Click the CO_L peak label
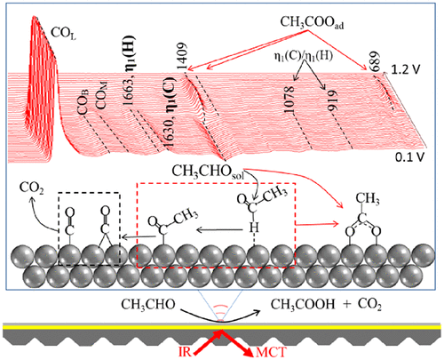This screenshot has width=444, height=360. [64, 34]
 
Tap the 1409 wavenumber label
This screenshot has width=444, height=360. [182, 57]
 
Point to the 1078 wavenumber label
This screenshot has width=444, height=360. [289, 100]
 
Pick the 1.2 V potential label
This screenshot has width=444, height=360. [406, 70]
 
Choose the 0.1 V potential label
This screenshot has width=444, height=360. [409, 157]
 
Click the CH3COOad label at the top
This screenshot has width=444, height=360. [312, 22]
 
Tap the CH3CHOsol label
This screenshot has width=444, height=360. [208, 172]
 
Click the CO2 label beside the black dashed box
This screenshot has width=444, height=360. [32, 188]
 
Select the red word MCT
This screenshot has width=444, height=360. [271, 352]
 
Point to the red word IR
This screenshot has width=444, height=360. [186, 352]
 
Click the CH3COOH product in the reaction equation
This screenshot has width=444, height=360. [303, 305]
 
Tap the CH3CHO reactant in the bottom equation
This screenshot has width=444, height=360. [148, 305]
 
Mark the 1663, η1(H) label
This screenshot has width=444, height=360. [129, 70]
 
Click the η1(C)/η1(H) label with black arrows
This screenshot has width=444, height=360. [303, 56]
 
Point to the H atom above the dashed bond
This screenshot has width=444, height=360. [254, 228]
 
